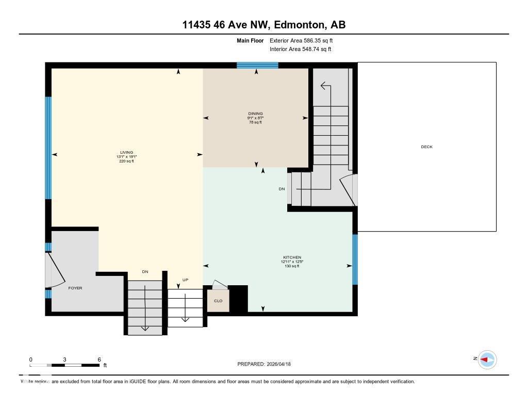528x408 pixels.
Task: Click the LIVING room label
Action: [127, 153]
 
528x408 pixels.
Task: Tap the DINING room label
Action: [255, 114]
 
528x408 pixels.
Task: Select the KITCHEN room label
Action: [292, 258]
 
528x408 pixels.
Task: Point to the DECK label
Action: [426, 147]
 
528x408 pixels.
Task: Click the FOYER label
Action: [75, 288]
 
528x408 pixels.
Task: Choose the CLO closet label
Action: [218, 301]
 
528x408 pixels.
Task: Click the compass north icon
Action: [487, 359]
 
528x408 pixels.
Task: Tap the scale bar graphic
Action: [65, 365]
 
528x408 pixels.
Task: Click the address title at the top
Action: [263, 25]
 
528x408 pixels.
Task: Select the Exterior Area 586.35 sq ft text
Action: [305, 40]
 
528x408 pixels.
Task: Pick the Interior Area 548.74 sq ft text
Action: [300, 50]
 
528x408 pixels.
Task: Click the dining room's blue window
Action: [257, 65]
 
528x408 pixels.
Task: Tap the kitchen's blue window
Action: [355, 259]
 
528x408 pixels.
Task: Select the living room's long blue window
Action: [48, 148]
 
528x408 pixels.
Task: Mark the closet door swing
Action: [219, 285]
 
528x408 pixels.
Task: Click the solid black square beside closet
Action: [238, 299]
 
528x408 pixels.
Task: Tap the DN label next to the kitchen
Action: [282, 189]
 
